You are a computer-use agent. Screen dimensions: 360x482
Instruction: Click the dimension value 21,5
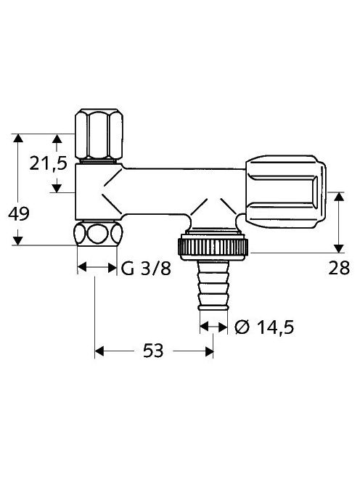pos(49,163)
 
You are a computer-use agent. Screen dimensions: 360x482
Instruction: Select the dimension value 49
pos(19,213)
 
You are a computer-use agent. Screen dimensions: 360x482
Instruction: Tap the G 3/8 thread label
pos(146,269)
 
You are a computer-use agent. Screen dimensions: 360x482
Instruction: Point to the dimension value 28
pos(339,268)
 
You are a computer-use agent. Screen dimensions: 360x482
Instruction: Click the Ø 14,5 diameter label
pos(264,327)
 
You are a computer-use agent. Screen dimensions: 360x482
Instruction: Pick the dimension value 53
pos(153,351)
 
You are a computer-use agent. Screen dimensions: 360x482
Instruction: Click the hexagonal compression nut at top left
pos(99,134)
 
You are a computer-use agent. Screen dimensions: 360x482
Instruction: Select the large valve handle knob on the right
pos(285,192)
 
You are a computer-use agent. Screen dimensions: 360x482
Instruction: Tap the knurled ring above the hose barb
pos(213,247)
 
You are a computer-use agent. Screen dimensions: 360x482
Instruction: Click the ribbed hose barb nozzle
pos(213,285)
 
